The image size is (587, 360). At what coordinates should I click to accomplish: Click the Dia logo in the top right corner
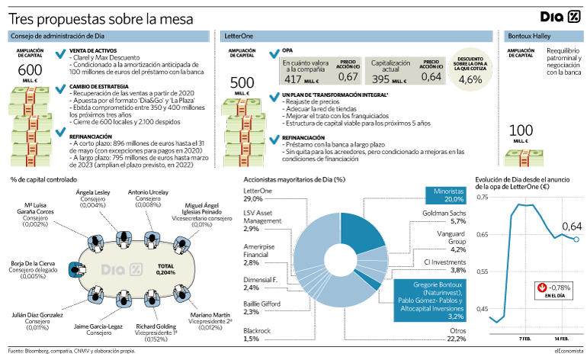pos(560,17)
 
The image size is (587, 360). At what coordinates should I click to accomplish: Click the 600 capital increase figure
pos(30,70)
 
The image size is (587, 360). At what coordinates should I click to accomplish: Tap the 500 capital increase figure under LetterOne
pos(242,83)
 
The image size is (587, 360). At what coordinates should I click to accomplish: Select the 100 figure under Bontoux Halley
pos(521,130)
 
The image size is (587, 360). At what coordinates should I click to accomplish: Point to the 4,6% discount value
pos(470,79)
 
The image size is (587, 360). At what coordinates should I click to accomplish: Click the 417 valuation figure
pos(293,79)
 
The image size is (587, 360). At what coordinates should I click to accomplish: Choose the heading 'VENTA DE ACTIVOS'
pos(93,50)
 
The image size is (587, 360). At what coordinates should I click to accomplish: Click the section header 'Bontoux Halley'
pos(529,36)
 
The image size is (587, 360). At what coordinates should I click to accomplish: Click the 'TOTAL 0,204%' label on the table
pos(165,269)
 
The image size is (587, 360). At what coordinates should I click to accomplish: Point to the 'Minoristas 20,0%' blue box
pos(446,195)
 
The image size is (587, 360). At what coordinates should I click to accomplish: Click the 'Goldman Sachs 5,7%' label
pos(444,217)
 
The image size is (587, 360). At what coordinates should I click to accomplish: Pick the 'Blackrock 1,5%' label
pos(257,335)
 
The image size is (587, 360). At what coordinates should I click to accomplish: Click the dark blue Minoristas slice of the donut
pos(362,235)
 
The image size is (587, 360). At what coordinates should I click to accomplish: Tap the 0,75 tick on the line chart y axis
pos(482,197)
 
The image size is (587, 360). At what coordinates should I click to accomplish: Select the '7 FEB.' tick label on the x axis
pos(524,339)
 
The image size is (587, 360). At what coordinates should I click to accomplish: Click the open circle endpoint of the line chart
pos(576,239)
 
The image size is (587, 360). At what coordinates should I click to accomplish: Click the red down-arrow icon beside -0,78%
pos(542,288)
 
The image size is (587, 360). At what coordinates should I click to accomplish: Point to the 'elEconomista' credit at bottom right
pos(568,351)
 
